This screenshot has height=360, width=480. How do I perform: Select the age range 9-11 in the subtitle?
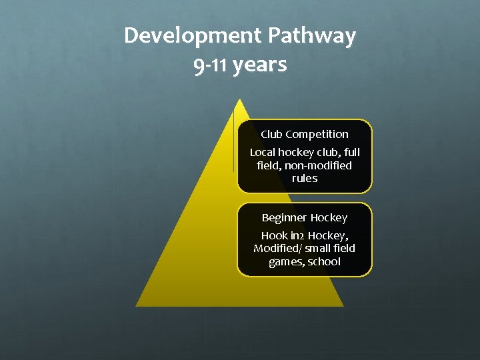coord(211,66)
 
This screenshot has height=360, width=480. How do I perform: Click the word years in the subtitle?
coord(261,66)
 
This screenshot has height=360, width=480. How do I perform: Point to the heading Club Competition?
coord(305,134)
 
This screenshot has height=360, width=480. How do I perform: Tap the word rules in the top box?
coord(305,179)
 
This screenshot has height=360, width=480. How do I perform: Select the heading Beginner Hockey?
coord(305,217)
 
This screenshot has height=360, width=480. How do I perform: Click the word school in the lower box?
coord(324,261)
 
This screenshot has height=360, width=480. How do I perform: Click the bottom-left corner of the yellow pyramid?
coord(136,306)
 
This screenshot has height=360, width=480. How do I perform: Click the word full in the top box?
coord(351,153)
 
